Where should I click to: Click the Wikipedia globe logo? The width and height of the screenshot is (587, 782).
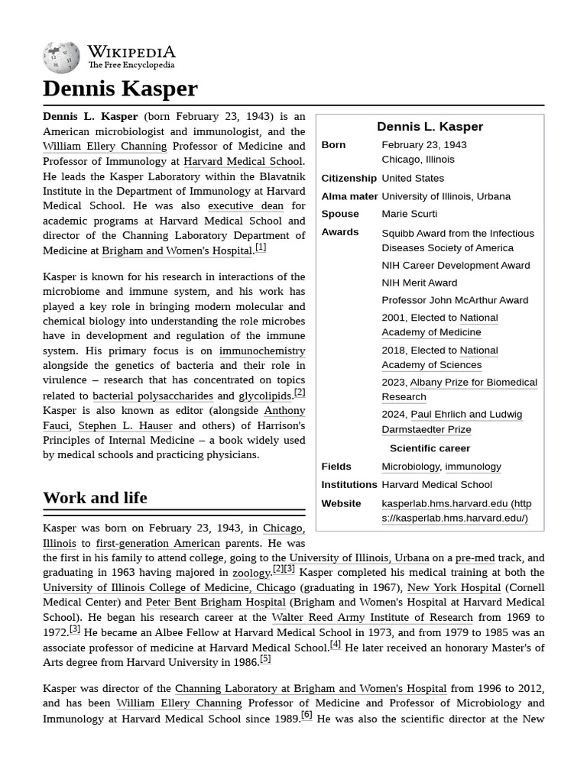point(61,57)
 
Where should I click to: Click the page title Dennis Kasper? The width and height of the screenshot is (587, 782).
point(120,89)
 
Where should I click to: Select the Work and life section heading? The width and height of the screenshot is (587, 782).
point(95,498)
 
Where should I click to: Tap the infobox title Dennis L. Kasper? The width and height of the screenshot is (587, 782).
point(430,127)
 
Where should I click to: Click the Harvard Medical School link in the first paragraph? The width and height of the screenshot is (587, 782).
point(242,161)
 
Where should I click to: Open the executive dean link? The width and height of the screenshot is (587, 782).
point(245,205)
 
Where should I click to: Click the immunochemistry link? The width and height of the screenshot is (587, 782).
point(261,351)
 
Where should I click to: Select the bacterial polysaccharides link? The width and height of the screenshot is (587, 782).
point(152,396)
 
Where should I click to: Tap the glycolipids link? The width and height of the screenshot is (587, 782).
point(264,396)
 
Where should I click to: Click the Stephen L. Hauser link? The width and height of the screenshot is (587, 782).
point(125,425)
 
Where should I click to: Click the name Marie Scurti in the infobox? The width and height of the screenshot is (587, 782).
point(409,215)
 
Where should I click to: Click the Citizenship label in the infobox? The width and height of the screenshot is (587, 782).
point(349,179)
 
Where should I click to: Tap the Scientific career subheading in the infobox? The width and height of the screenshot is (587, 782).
point(430,448)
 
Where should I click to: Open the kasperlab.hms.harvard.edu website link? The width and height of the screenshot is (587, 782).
point(456,511)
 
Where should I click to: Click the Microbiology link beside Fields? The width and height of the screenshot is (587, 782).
point(410,467)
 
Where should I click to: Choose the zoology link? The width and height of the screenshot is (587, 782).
point(251,573)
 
